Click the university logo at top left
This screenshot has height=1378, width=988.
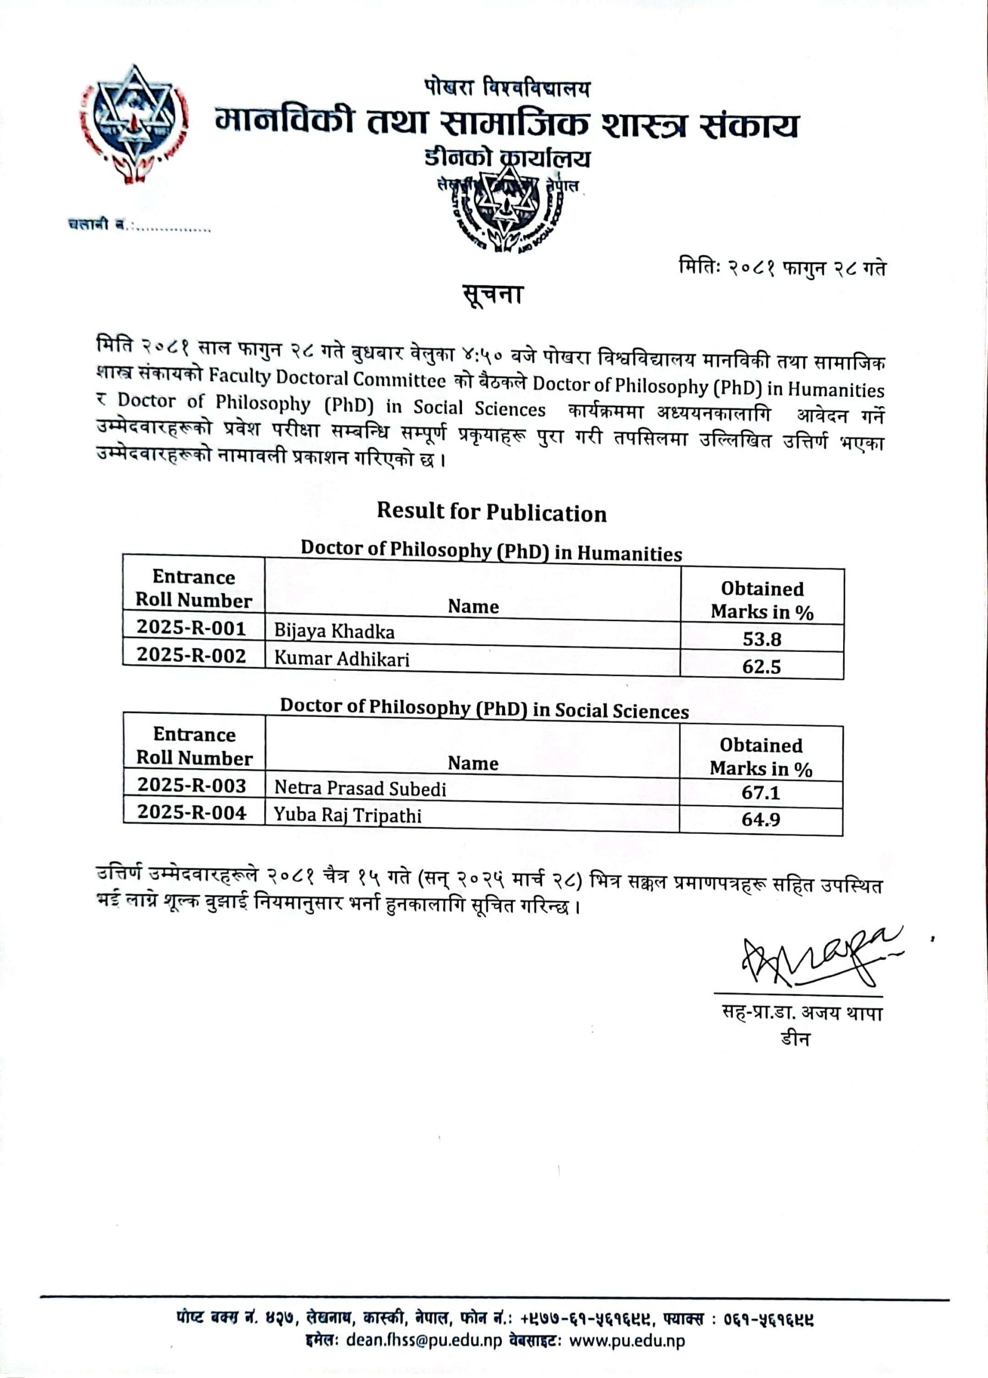134,124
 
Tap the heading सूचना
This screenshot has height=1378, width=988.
492,296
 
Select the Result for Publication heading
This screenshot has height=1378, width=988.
492,512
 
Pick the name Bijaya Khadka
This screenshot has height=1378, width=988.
334,631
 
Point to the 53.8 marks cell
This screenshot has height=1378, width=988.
762,639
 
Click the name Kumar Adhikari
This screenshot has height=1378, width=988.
341,659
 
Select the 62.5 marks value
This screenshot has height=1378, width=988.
761,666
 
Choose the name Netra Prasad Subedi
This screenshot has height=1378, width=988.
360,789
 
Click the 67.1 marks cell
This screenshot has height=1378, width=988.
761,792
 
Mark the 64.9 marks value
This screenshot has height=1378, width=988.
761,820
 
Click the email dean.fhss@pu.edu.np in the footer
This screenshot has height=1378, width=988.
424,1340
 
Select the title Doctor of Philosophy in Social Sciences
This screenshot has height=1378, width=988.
484,708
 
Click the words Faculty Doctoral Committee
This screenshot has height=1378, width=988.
327,378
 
